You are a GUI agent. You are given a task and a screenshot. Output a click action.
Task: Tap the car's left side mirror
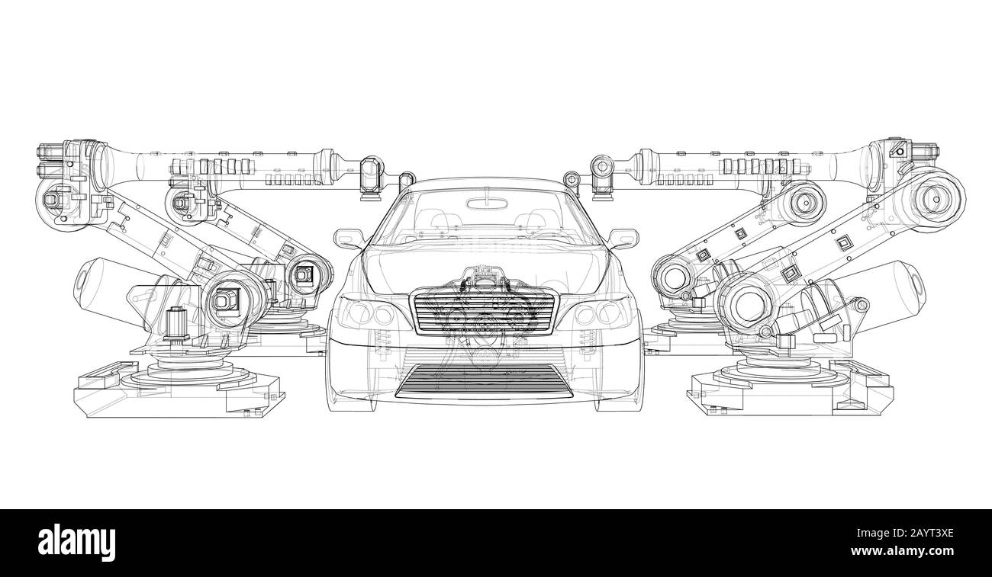tap(348, 238)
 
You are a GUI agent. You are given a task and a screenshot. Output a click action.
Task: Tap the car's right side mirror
tap(623, 238)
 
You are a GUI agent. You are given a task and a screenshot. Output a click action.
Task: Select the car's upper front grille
tap(485, 312)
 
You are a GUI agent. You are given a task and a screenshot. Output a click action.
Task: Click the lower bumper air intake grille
tap(485, 379)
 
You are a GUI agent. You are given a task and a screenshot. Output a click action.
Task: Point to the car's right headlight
tap(605, 312)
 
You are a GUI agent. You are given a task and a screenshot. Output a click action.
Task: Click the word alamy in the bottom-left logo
tap(76, 542)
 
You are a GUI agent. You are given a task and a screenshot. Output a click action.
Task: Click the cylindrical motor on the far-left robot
tap(99, 282)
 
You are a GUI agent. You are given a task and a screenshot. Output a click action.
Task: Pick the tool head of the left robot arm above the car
tap(372, 178)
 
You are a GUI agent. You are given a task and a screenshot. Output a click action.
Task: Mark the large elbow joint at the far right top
tap(932, 197)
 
